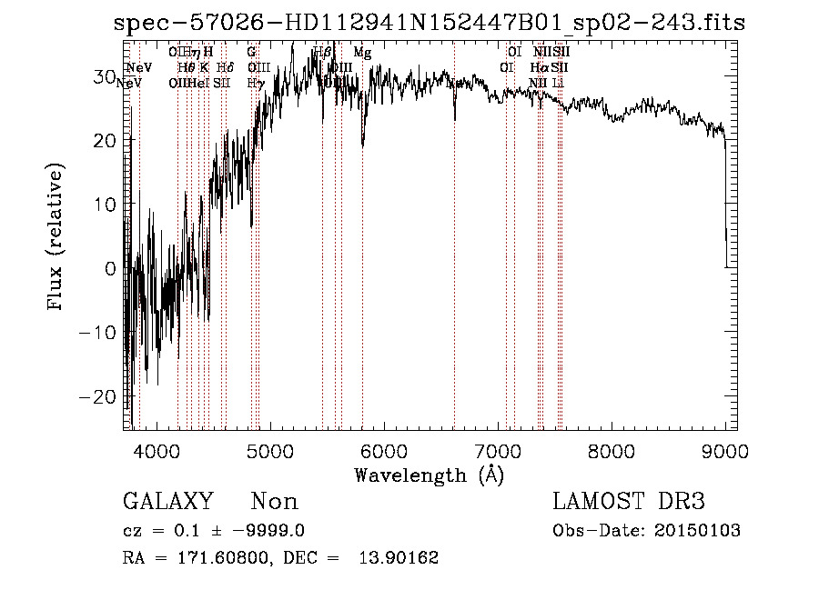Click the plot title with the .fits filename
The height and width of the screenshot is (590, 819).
(430, 23)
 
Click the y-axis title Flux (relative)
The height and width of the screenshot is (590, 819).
(56, 238)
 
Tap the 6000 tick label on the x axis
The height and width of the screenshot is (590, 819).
(385, 450)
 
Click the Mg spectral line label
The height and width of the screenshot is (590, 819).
(362, 53)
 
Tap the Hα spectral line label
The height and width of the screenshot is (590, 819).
(539, 67)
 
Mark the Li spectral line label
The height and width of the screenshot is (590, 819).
(559, 83)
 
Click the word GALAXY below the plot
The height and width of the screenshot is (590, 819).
(168, 502)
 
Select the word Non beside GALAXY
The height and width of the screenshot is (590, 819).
(274, 502)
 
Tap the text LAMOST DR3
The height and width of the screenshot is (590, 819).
(629, 502)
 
